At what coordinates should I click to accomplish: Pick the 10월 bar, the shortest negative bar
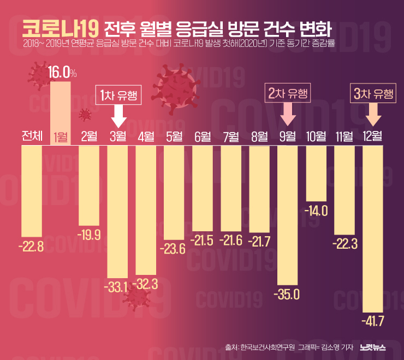tap(317, 173)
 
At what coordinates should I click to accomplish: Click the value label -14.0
tap(317, 211)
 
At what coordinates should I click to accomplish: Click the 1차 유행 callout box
tap(118, 95)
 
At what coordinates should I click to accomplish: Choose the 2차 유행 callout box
tap(288, 93)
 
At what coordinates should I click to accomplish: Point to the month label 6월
tap(203, 136)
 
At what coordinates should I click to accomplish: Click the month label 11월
tap(345, 136)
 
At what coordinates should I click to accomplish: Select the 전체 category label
tap(32, 136)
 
